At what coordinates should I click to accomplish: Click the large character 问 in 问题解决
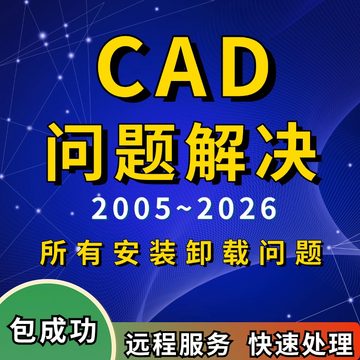coord(76,151)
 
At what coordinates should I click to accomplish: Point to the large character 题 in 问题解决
coord(145,151)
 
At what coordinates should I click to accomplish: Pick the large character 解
coord(214,151)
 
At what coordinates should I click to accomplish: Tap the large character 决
coord(282,151)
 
